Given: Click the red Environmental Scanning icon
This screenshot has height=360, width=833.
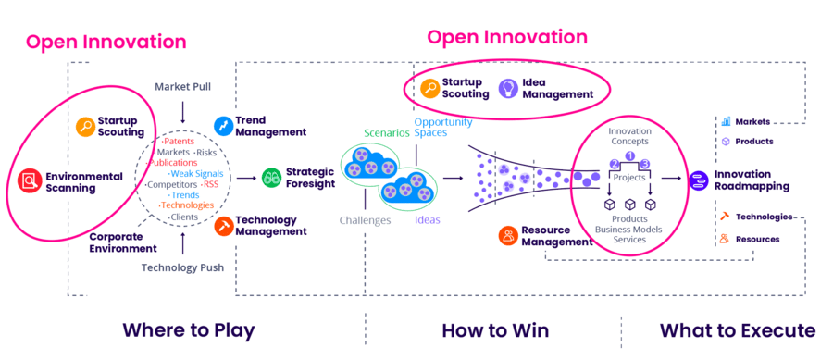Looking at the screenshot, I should [31, 181].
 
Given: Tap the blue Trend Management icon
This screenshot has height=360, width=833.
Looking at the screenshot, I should [223, 125].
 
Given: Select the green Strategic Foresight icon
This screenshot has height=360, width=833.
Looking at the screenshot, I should [271, 177].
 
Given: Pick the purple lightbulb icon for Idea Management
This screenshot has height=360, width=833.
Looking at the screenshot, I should [507, 88].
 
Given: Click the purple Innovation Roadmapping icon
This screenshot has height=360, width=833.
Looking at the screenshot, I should [699, 180].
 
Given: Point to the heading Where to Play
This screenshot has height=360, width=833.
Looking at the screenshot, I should [188, 330].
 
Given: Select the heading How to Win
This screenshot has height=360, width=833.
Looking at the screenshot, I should [495, 330].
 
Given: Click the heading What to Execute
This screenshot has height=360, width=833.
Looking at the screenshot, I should [738, 330].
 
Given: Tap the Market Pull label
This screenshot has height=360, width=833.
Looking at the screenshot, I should [183, 87].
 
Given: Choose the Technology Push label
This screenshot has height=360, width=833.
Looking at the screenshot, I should [183, 267].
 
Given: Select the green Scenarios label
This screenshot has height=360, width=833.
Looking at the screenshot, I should [386, 133].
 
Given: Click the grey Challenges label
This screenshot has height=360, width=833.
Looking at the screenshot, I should [365, 220].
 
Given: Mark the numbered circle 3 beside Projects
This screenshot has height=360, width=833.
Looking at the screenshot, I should [646, 165].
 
